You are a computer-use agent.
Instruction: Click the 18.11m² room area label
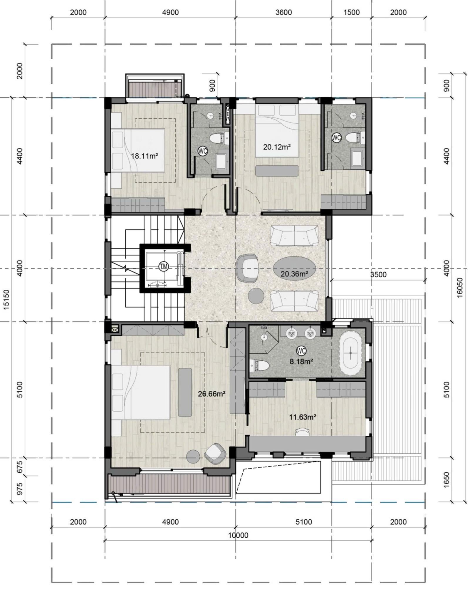[x=144, y=156]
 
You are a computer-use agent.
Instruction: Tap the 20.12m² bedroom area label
[x=277, y=147]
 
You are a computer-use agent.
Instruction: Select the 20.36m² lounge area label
[x=294, y=274]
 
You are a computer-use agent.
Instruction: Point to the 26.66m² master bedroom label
[x=211, y=394]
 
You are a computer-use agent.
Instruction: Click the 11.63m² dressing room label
[x=303, y=417]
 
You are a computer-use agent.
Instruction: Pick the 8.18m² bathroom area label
[x=301, y=361]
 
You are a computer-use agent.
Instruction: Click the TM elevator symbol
[x=163, y=266]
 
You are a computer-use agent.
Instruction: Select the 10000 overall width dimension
[x=238, y=535]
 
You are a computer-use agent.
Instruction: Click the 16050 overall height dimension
[x=460, y=287]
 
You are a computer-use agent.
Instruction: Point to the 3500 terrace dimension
[x=378, y=275]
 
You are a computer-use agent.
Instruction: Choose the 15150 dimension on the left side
[x=6, y=299]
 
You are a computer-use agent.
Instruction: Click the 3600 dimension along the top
[x=284, y=12]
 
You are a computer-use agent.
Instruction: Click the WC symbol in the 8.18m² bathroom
[x=301, y=351]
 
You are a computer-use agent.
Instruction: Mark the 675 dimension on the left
[x=19, y=467]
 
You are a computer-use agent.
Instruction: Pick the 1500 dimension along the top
[x=351, y=12]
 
